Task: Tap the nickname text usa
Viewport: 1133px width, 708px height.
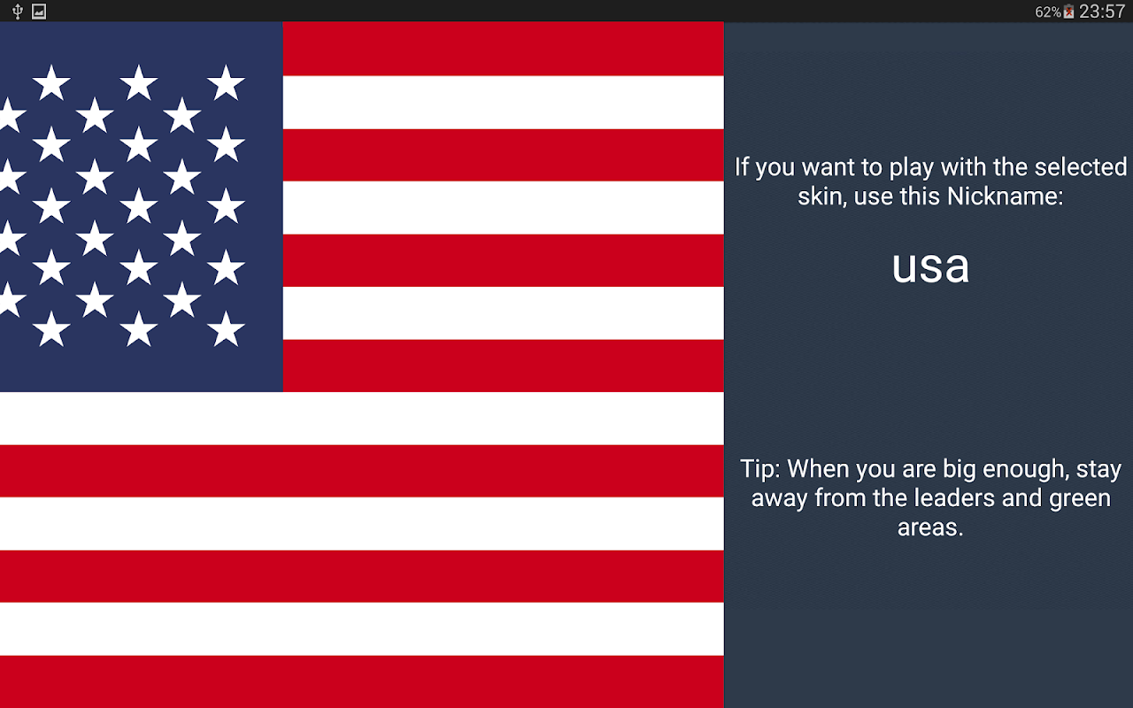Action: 930,266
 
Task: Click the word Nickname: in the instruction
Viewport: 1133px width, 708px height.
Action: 1005,196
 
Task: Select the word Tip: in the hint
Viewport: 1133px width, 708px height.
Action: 760,470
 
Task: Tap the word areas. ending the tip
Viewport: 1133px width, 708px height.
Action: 930,528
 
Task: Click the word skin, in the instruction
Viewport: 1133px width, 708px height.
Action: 822,196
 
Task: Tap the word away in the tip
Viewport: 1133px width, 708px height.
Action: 780,499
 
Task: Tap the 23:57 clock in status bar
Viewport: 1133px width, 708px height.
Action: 1102,12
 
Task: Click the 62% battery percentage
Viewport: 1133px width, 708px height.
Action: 1048,12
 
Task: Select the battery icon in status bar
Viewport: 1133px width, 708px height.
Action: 1068,12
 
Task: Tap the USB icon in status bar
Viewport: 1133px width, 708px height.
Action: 18,12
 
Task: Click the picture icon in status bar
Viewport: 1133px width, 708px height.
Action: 39,12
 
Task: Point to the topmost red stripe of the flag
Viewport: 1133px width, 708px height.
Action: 504,49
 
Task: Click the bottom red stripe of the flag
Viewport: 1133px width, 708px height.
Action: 362,681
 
